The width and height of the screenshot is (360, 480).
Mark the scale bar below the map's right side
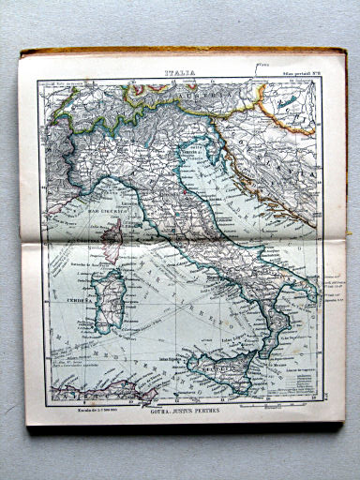(x=277, y=406)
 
